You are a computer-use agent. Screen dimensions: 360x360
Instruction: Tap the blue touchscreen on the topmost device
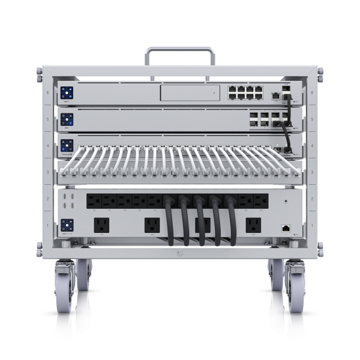click(x=67, y=93)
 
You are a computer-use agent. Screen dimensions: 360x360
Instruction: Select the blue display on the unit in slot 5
click(x=67, y=119)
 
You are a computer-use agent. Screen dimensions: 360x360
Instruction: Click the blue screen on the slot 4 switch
click(x=67, y=145)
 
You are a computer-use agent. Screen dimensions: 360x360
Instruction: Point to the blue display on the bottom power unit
click(x=67, y=226)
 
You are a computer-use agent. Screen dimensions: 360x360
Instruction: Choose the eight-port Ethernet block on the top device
click(x=245, y=93)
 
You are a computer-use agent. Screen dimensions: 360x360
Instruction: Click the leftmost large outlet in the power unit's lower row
click(x=100, y=225)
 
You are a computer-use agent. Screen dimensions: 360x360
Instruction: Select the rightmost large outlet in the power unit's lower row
click(x=253, y=225)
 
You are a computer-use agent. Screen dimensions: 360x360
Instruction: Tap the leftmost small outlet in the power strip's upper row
click(x=94, y=199)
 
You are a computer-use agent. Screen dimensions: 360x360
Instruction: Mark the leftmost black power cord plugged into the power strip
click(x=170, y=222)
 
